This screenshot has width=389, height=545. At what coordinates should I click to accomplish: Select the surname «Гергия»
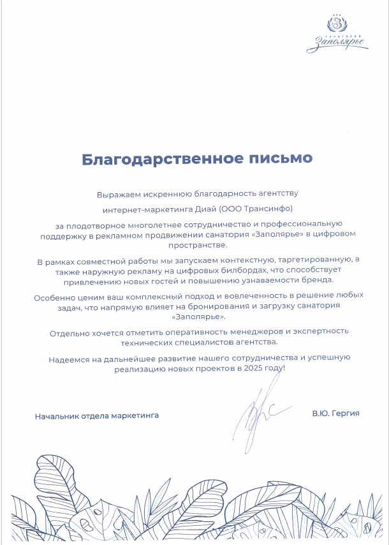(346, 414)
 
